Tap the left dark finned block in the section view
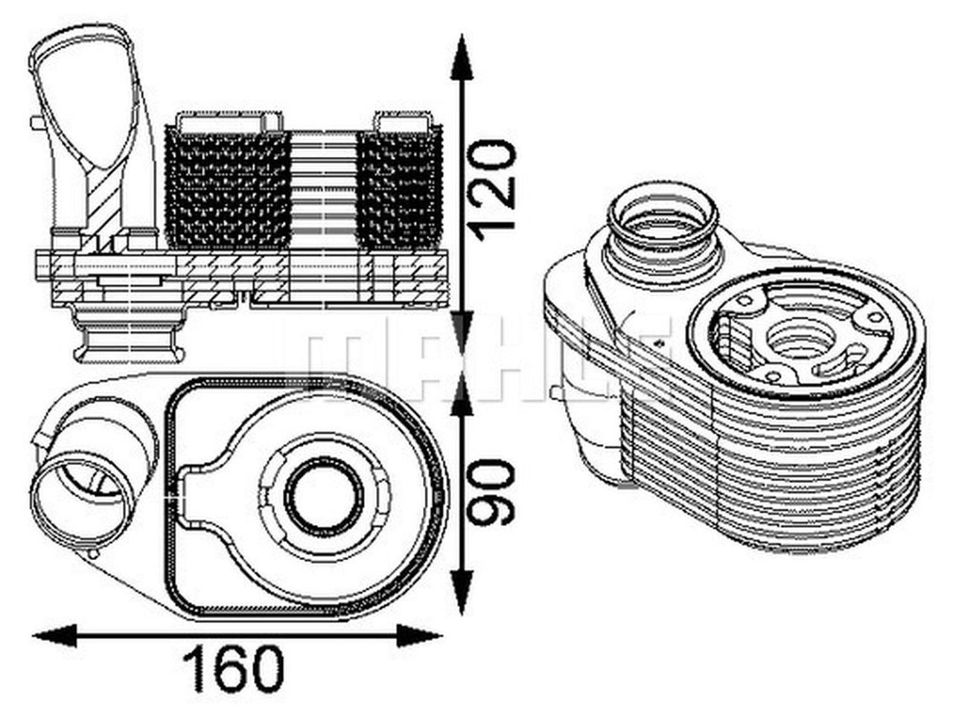228,191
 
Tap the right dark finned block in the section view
399,191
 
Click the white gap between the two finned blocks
323,191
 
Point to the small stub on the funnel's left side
36,123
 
